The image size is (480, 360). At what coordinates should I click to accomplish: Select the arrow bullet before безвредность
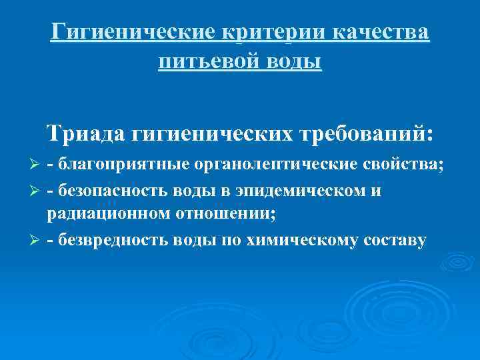[x=37, y=240]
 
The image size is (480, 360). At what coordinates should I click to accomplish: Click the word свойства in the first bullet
[x=406, y=165]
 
